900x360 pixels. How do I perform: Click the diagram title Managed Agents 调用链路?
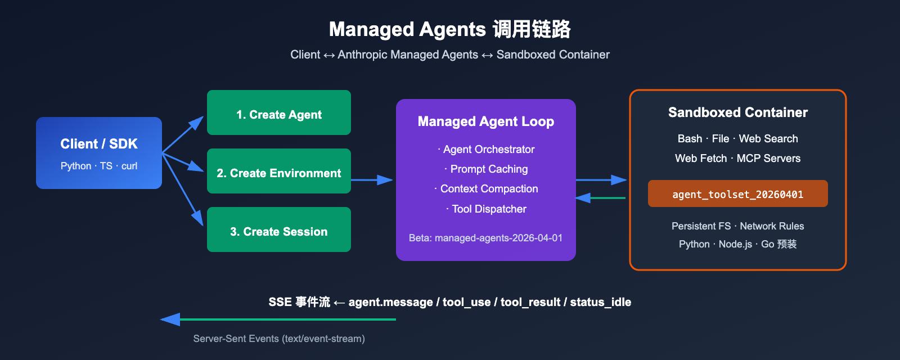pyautogui.click(x=449, y=29)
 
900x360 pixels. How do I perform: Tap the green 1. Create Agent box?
pyautogui.click(x=279, y=113)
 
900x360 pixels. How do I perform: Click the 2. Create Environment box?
pyautogui.click(x=279, y=172)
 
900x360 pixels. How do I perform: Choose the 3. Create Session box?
pyautogui.click(x=279, y=230)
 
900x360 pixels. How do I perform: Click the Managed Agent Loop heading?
pyautogui.click(x=486, y=121)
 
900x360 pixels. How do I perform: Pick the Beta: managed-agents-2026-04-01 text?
pyautogui.click(x=485, y=238)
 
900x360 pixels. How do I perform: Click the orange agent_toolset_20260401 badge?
pyautogui.click(x=737, y=194)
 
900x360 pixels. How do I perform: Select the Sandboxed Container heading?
pyautogui.click(x=737, y=112)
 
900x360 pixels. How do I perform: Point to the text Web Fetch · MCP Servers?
pyautogui.click(x=737, y=159)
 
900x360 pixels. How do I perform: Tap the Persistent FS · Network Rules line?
pyautogui.click(x=737, y=226)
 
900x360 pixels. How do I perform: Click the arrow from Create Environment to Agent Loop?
pyautogui.click(x=371, y=180)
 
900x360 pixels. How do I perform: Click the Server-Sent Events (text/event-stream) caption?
pyautogui.click(x=279, y=339)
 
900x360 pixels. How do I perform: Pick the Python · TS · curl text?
pyautogui.click(x=99, y=166)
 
